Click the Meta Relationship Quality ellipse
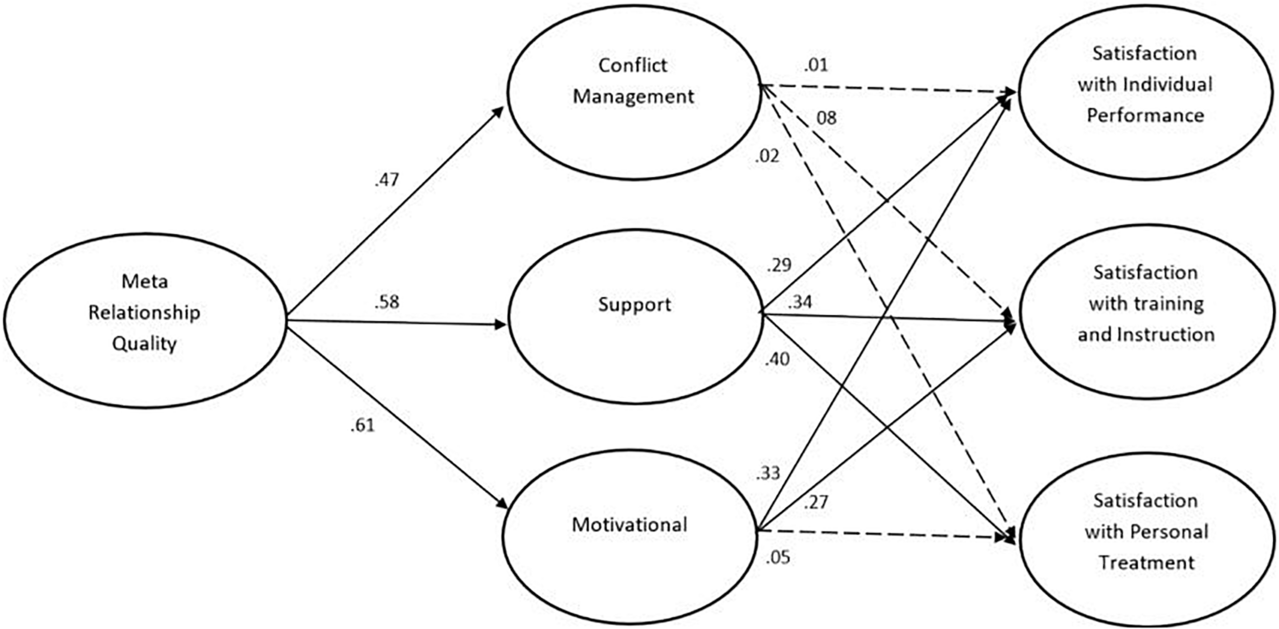point(144,320)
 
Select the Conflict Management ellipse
point(633,92)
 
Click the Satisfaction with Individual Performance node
point(1145,92)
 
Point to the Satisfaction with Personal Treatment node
point(1146,540)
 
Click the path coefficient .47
point(386,180)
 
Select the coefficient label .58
point(386,302)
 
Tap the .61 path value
point(363,425)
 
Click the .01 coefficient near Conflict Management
point(815,65)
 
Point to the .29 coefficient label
point(779,265)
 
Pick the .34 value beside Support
point(800,302)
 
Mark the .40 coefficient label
point(777,360)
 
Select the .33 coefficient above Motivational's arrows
point(768,474)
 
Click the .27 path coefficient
point(815,503)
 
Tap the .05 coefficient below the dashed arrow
point(778,557)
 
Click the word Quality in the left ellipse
point(144,344)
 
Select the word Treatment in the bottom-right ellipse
point(1146,563)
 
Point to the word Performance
point(1145,116)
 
